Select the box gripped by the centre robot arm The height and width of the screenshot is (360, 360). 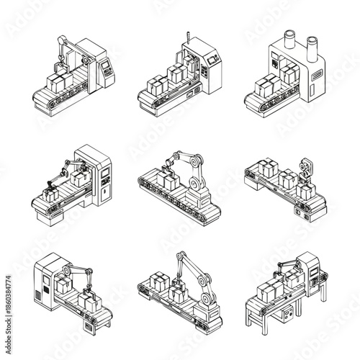coord(170,180)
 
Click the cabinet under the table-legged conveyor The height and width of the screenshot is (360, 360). coord(289,315)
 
